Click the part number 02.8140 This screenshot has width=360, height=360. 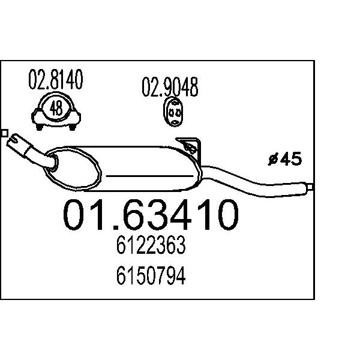click(56, 79)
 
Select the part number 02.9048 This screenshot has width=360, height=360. click(170, 87)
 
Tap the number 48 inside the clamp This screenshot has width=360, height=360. click(56, 109)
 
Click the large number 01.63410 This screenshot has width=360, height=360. click(151, 215)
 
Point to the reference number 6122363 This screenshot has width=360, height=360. click(151, 245)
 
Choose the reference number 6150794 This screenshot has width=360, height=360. click(151, 275)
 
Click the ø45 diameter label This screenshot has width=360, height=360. click(284, 158)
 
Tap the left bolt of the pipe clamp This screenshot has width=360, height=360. click(40, 127)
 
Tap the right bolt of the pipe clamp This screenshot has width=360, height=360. click(73, 127)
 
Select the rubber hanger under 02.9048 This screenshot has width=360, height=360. click(173, 112)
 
